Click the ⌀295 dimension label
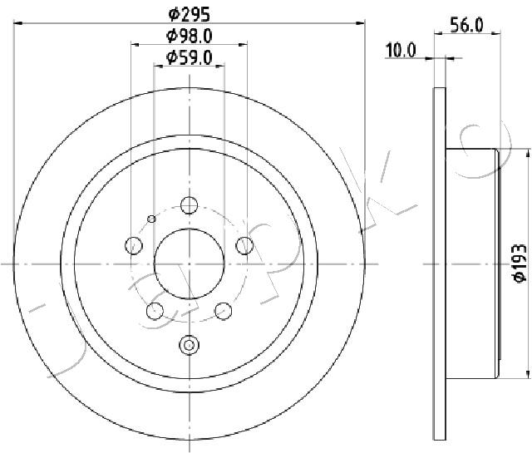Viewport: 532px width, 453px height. [x=189, y=14]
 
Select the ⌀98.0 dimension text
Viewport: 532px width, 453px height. [x=189, y=36]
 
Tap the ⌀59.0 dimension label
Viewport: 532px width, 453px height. [x=189, y=57]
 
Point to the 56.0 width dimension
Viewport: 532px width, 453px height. [x=466, y=25]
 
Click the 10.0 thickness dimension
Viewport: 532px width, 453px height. [x=401, y=51]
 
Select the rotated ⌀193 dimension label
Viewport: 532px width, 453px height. [x=519, y=263]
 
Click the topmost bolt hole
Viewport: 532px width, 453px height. [x=189, y=205]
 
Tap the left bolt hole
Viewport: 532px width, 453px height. [x=134, y=245]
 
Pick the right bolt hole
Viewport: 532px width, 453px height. [x=244, y=245]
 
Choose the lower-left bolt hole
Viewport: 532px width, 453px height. [x=155, y=311]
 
